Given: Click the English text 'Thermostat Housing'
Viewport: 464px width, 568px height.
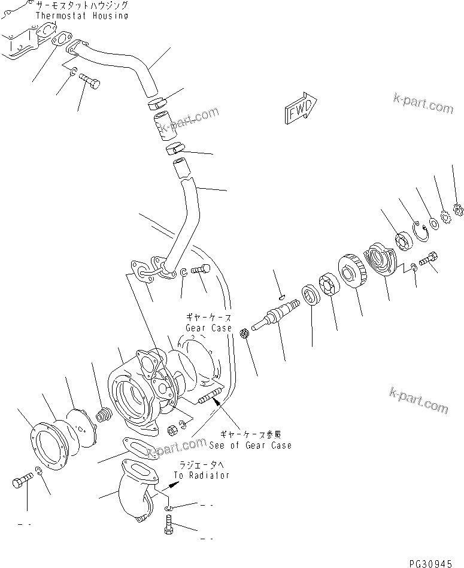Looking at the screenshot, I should [81, 16].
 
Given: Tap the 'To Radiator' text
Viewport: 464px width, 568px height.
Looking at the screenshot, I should [202, 475].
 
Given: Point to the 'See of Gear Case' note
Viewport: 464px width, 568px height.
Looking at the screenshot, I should [250, 445].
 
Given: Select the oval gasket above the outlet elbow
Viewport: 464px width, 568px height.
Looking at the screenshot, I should [138, 448].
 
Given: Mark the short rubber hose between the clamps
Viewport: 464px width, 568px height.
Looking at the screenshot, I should [163, 125].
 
